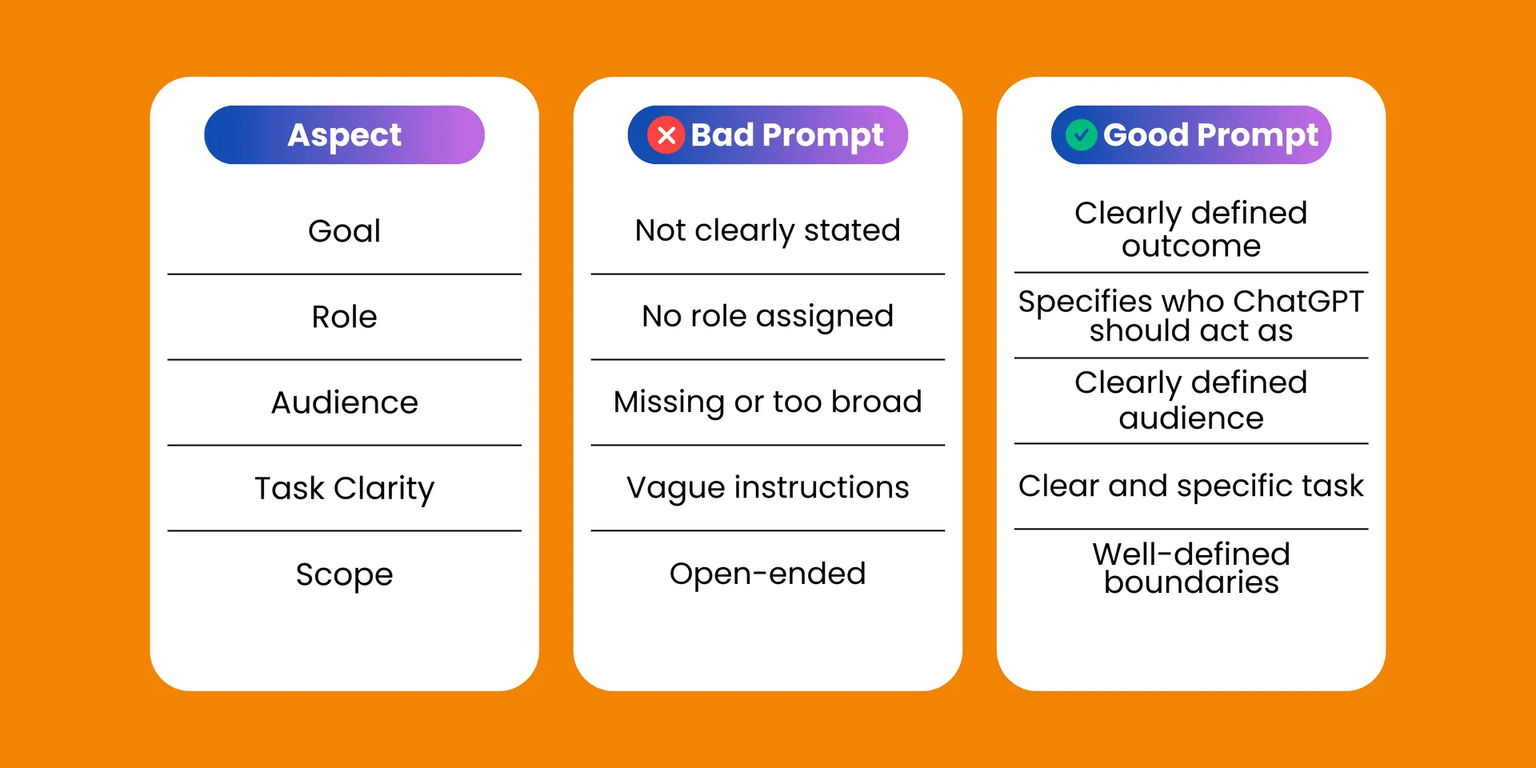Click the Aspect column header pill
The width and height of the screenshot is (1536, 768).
pos(344,135)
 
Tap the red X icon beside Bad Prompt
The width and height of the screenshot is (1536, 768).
pos(666,135)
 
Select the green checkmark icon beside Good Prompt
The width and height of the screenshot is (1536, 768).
pos(1081,135)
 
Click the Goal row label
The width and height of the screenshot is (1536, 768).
pos(344,231)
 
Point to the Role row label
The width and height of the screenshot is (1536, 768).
pos(344,317)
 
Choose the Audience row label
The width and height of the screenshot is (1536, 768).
pos(344,402)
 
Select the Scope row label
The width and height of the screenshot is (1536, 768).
pos(344,574)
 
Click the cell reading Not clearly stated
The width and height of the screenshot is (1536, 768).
pos(767,231)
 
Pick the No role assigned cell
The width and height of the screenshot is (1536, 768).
pos(767,317)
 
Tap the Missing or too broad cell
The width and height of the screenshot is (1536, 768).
pos(767,402)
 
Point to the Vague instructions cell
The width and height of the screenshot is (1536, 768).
pos(767,488)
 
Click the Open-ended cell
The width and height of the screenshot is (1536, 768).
pos(767,574)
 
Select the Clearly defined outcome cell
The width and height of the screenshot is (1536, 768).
pos(1190,230)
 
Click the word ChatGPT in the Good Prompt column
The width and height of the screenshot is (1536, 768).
pos(1298,302)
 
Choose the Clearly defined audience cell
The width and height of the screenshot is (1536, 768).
pos(1190,400)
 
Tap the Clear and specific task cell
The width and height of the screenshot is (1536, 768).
pos(1190,486)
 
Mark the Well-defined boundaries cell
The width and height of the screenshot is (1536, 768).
pos(1190,568)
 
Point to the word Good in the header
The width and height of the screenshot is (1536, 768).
pos(1146,135)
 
